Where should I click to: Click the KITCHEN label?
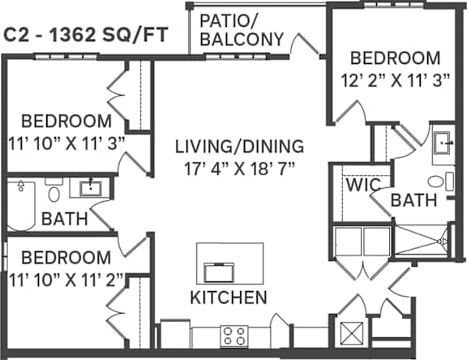(229, 298)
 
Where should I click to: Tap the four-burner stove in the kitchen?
(234, 336)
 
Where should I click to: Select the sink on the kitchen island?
(219, 272)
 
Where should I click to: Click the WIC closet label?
(363, 185)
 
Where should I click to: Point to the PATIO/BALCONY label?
(242, 30)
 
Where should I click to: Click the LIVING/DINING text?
(239, 147)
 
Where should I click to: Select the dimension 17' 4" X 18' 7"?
(239, 169)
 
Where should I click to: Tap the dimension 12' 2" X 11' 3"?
(395, 80)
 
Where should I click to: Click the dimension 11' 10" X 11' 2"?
(66, 281)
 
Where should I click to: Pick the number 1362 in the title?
(72, 35)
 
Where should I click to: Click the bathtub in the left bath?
(21, 206)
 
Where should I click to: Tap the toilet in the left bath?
(54, 190)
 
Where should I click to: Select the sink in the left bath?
(91, 188)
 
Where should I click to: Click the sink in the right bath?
(443, 143)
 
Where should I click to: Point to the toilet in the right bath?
(441, 181)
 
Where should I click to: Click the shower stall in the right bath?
(421, 240)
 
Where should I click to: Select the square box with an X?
(352, 333)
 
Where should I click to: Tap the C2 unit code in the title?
(15, 35)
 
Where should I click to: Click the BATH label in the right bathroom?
(413, 200)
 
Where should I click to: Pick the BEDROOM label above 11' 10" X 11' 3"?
(66, 121)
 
